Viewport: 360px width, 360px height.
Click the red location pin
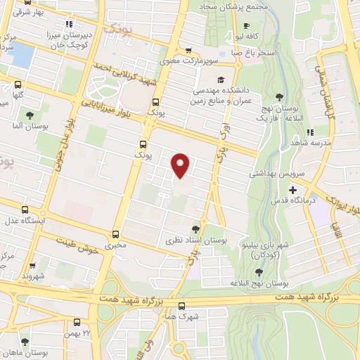point(181,165)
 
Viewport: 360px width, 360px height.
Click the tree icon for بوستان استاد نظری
point(196,229)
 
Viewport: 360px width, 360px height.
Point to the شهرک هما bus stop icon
point(181,306)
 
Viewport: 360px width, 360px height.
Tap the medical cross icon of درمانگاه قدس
point(293,190)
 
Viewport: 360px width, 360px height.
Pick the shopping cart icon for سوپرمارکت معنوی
point(188,51)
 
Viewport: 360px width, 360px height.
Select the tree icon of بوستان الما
point(29,116)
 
